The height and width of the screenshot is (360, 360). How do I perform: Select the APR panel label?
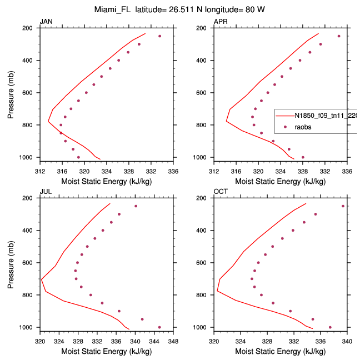click(x=221, y=22)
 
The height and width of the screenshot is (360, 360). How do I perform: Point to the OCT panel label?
click(x=221, y=192)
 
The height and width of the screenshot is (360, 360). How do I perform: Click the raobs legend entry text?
click(x=303, y=127)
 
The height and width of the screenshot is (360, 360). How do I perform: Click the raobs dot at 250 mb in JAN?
click(x=159, y=36)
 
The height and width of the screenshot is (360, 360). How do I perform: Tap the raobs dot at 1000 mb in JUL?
click(x=159, y=327)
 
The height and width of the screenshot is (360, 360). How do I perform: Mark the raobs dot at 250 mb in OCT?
click(x=343, y=206)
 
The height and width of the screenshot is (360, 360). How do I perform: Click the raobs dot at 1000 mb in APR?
click(x=303, y=157)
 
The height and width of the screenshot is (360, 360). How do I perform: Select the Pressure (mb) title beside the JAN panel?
click(x=12, y=93)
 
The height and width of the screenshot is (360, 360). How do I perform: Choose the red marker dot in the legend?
click(x=285, y=127)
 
